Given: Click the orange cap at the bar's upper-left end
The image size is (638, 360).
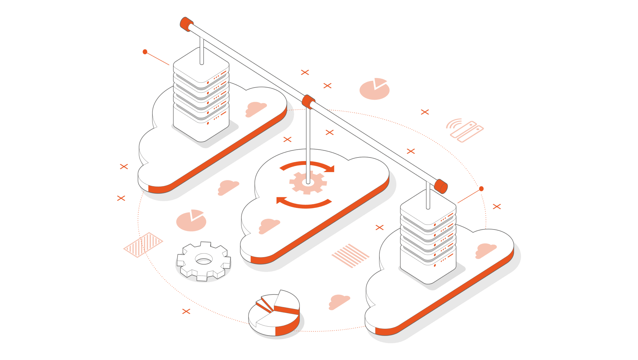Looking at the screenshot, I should pyautogui.click(x=185, y=24).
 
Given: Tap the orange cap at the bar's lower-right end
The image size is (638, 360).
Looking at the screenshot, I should pyautogui.click(x=441, y=186).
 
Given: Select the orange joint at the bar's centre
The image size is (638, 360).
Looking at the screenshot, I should pyautogui.click(x=308, y=101).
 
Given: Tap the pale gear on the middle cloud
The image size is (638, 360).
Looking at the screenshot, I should pyautogui.click(x=308, y=182).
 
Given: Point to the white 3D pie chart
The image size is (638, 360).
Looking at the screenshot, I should pyautogui.click(x=274, y=314).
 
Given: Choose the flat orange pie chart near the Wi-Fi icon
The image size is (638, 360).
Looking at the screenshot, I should pyautogui.click(x=374, y=89).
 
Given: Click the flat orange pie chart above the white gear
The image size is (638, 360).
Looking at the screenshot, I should pyautogui.click(x=191, y=221).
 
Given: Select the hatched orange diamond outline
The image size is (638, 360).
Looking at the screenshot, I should pyautogui.click(x=143, y=245).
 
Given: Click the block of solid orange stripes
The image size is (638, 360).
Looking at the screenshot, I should pyautogui.click(x=350, y=255).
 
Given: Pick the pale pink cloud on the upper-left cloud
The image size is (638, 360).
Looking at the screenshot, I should pyautogui.click(x=256, y=109).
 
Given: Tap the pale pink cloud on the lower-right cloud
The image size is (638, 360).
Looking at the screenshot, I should pyautogui.click(x=485, y=250).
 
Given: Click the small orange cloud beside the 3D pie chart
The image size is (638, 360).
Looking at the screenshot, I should pyautogui.click(x=339, y=301).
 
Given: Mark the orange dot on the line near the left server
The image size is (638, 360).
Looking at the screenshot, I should pyautogui.click(x=145, y=52).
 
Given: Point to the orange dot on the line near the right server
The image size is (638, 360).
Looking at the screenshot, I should pyautogui.click(x=481, y=189).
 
